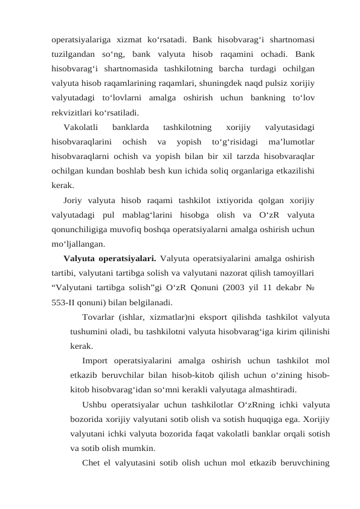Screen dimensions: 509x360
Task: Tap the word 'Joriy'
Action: (74, 200)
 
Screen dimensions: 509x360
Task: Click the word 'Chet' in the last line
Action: (92, 464)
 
